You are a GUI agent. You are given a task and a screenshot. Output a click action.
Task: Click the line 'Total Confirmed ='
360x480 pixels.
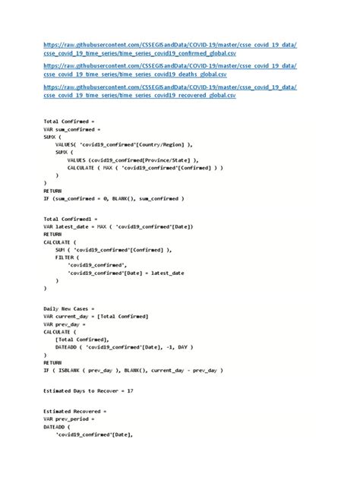click(x=69, y=122)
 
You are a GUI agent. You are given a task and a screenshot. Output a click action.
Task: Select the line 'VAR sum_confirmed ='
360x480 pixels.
click(x=72, y=129)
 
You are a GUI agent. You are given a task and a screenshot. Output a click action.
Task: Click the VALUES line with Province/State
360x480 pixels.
click(x=132, y=159)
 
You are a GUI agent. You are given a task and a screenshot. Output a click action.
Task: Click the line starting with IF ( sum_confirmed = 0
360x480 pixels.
click(x=113, y=199)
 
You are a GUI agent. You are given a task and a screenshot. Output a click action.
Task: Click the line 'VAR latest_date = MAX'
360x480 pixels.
click(x=118, y=226)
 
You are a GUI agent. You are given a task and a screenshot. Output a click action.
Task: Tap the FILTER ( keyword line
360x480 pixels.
click(x=70, y=257)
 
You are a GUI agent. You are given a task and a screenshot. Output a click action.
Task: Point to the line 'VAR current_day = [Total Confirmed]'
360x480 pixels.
click(x=96, y=315)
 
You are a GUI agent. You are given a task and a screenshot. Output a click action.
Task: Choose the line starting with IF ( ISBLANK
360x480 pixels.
click(x=133, y=371)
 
